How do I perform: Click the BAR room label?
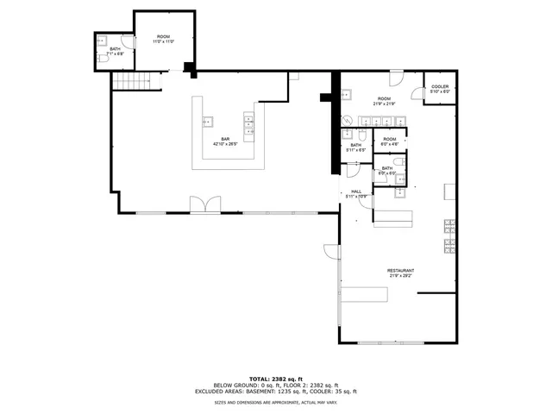pos(225,139)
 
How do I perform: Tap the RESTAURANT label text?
pos(399,270)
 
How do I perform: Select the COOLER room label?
pos(440,87)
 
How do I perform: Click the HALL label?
pos(355,191)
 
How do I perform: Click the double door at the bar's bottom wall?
pos(204,204)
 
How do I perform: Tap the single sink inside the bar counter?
pos(207,121)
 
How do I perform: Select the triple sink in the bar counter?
pos(248,125)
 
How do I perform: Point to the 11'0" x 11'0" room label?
pos(163,41)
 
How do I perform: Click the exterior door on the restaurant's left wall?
pos(330,252)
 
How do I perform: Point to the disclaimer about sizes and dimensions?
pos(275,402)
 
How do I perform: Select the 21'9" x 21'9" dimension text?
pos(383,103)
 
